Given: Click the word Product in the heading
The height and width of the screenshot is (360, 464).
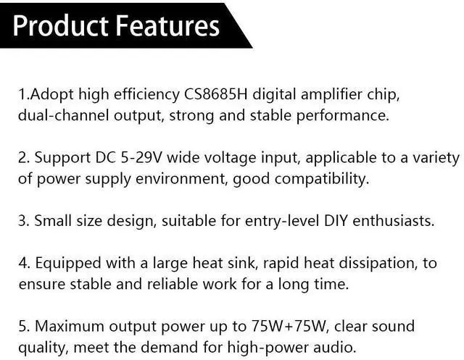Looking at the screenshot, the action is [60, 26].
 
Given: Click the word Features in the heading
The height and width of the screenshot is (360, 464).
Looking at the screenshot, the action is [167, 26].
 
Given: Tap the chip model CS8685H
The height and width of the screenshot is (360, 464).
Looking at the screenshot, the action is [216, 95].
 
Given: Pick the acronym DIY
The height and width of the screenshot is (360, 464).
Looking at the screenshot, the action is [336, 221].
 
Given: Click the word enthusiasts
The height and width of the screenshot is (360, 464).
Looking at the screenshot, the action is [393, 221].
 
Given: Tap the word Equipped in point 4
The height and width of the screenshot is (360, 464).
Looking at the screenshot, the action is [68, 264].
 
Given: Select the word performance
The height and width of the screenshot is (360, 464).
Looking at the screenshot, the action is [343, 116].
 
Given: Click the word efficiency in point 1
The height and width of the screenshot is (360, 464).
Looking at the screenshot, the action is [146, 95].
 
